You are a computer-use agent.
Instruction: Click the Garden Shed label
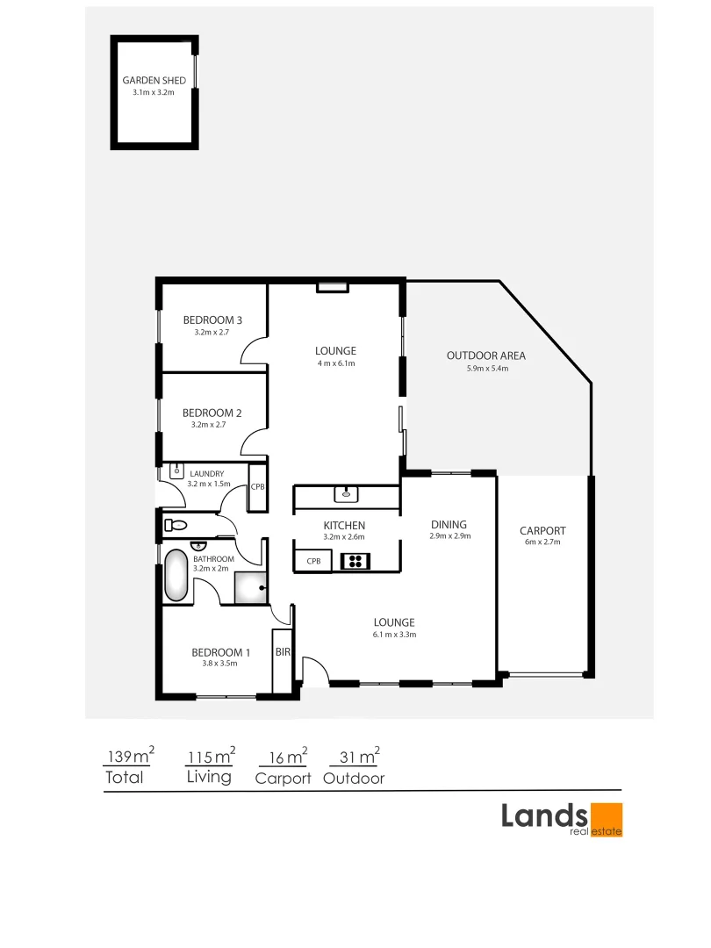coord(154,80)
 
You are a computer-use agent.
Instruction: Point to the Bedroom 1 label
coord(221,652)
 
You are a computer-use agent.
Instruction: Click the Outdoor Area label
coord(486,355)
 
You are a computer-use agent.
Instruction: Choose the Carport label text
coord(542,530)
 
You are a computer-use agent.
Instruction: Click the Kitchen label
coord(343,525)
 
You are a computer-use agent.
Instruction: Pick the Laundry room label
coord(206,474)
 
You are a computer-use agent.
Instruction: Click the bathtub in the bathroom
coord(176,576)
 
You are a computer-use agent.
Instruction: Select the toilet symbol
coord(176,526)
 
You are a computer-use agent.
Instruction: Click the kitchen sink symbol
coord(348,493)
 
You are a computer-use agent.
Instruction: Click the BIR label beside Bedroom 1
coord(283,652)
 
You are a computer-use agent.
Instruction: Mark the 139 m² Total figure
coord(130,756)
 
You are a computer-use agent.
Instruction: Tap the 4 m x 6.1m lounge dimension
coord(336,363)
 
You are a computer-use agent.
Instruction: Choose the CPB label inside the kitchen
coord(313,561)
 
